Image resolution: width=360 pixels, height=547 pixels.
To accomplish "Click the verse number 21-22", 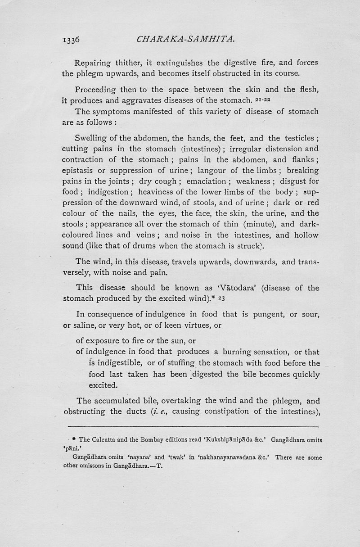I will [x=244, y=99].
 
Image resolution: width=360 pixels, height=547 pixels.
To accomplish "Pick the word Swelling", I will [x=92, y=138].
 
